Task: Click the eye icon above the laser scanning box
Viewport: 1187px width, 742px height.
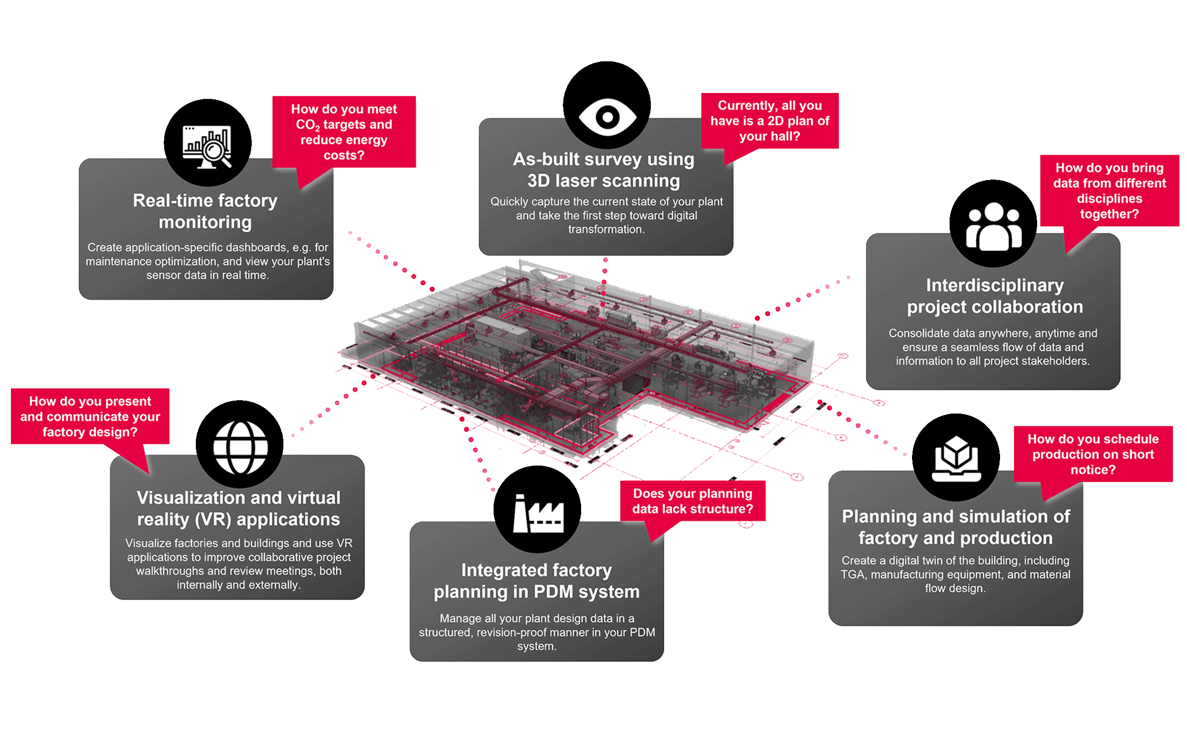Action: pos(607,117)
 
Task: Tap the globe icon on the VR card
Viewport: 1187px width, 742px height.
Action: pos(240,448)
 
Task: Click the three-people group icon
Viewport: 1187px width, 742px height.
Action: pos(994,226)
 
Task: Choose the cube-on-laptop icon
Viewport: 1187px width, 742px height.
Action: pos(956,459)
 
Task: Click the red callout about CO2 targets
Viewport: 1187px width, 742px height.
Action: pos(344,132)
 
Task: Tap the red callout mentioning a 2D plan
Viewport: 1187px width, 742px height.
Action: pos(770,121)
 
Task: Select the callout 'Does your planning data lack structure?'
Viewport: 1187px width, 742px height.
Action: pos(692,501)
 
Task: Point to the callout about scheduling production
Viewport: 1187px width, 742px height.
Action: pos(1093,454)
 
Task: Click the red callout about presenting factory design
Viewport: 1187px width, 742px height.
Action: pos(90,417)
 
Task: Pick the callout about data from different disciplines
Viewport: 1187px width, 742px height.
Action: pos(1109,191)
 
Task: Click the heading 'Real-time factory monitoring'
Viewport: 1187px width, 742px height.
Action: pos(205,211)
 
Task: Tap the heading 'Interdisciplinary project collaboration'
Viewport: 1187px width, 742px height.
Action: pos(995,296)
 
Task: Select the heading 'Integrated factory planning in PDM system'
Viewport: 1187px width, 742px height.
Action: pos(537,581)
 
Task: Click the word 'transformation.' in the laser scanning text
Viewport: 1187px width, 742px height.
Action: pos(606,230)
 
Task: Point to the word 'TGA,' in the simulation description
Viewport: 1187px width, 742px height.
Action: pos(854,575)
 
